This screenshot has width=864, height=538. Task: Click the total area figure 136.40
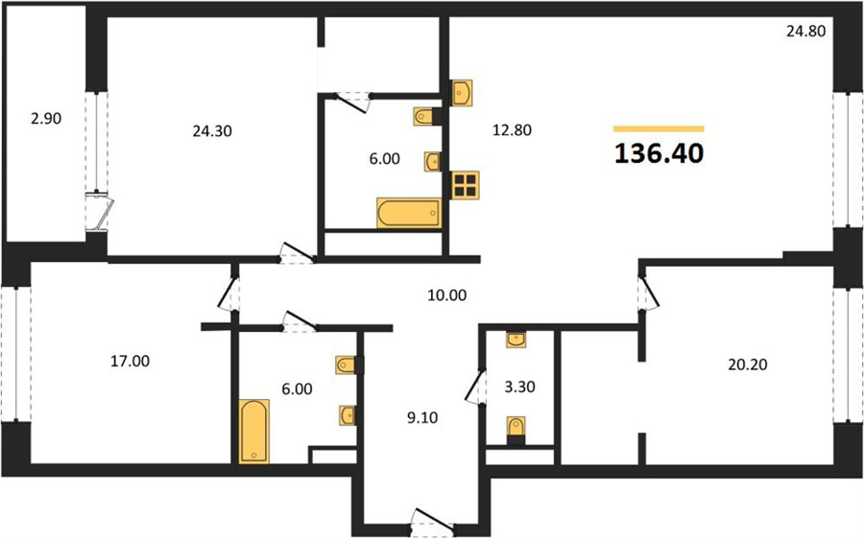[659, 153]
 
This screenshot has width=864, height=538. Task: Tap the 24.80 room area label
[805, 32]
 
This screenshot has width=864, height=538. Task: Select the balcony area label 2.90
[46, 118]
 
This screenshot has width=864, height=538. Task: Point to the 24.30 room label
[212, 131]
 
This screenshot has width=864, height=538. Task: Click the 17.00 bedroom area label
[130, 362]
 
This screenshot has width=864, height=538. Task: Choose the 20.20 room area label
[747, 364]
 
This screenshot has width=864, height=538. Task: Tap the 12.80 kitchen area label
[512, 130]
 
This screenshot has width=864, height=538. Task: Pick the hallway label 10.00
[446, 295]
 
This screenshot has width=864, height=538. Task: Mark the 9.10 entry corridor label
[422, 418]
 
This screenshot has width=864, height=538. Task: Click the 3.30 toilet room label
[519, 387]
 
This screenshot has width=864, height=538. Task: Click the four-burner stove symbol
[465, 185]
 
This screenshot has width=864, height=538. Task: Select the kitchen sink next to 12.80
[461, 92]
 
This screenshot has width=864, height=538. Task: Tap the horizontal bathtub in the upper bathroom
[409, 213]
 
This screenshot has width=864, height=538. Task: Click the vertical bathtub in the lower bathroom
[254, 432]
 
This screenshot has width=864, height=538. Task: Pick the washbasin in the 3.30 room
[516, 339]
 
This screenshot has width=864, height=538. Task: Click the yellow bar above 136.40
[659, 129]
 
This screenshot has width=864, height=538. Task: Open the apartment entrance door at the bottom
[433, 522]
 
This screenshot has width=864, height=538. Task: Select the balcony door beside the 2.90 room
[100, 211]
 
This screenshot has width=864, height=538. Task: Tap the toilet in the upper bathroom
[427, 116]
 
